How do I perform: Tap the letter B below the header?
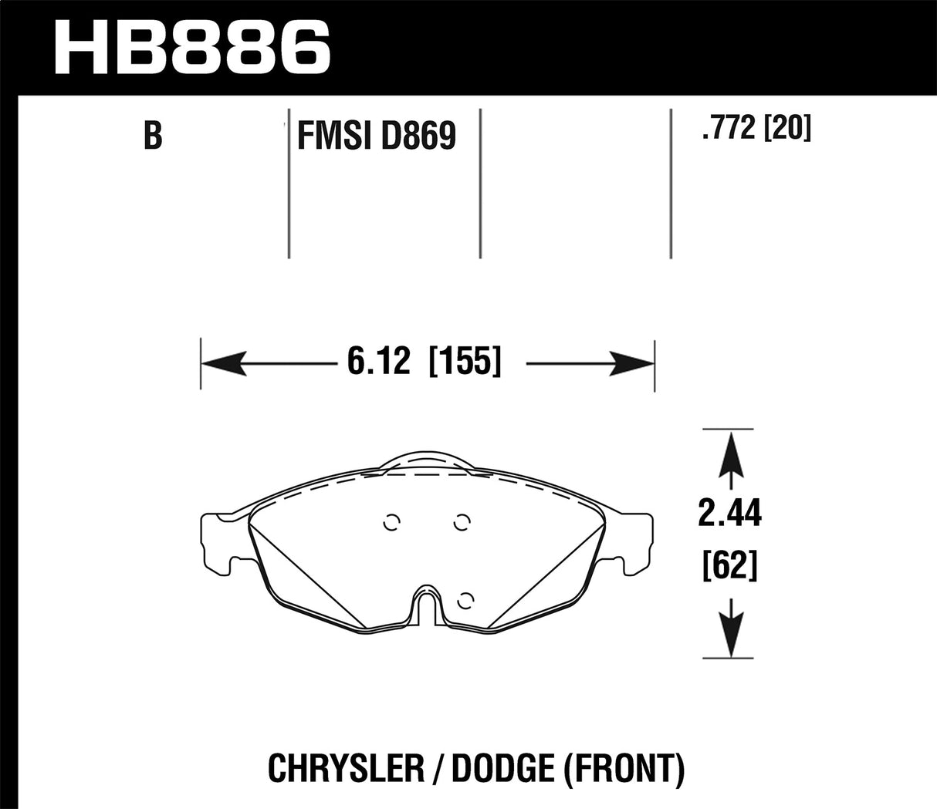click(153, 136)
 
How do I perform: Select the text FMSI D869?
click(377, 137)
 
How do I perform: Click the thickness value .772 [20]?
click(756, 128)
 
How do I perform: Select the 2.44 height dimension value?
click(729, 514)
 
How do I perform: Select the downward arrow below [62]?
click(729, 629)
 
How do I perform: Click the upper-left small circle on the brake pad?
click(392, 523)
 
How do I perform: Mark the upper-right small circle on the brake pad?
click(462, 523)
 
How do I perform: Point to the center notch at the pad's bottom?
click(427, 606)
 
